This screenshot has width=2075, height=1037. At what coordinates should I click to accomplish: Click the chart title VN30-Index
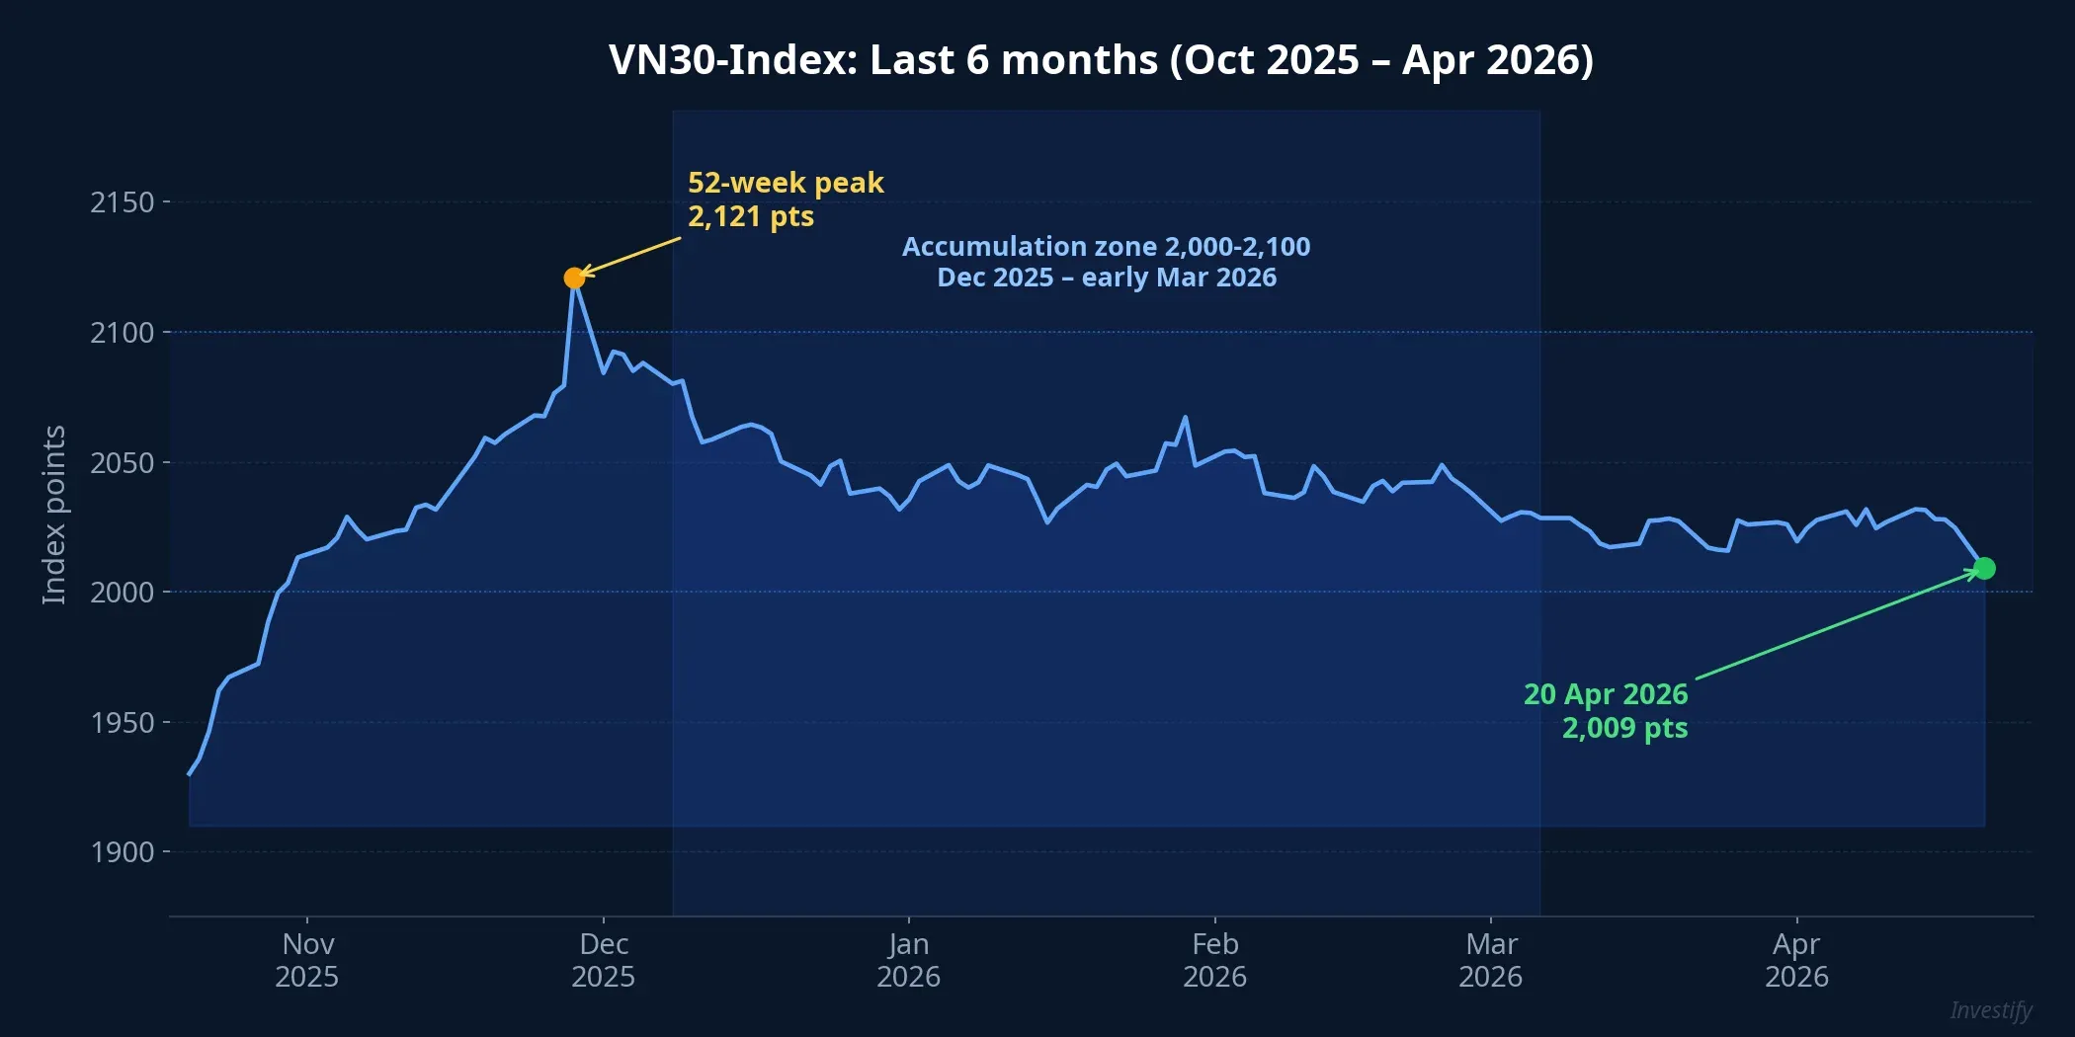point(1101,60)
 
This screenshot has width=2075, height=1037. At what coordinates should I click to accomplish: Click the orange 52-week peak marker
point(574,279)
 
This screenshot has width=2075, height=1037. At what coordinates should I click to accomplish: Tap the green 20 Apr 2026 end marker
point(1984,569)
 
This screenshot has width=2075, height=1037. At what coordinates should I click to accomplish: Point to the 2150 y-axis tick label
point(123,202)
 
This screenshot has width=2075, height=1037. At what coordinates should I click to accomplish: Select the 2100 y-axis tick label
point(123,333)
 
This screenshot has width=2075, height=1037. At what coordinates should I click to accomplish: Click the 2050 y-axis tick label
point(123,463)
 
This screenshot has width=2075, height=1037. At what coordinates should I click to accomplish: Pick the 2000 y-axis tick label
point(123,593)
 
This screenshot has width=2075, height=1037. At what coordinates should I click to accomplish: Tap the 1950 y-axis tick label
point(123,723)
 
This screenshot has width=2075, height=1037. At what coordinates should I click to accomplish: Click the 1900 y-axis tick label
point(123,852)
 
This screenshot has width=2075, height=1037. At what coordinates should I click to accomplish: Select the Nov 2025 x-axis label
point(306,960)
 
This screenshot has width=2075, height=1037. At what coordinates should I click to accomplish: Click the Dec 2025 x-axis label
point(604,960)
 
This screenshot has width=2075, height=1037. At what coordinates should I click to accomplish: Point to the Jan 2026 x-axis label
point(908,960)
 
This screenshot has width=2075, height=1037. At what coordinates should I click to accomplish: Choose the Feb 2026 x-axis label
point(1214,960)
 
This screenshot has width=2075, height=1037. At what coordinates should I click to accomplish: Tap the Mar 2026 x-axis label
point(1490,960)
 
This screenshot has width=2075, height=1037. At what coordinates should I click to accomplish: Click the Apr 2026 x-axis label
point(1796,960)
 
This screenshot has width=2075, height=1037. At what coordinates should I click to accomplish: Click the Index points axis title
point(54,515)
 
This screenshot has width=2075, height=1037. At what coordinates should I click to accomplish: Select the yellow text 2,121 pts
point(751,216)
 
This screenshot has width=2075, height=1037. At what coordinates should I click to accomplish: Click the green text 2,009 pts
point(1624,728)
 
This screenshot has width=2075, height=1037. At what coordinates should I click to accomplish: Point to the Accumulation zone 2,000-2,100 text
point(1106,247)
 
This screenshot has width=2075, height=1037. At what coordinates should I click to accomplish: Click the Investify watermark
point(1990,1010)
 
